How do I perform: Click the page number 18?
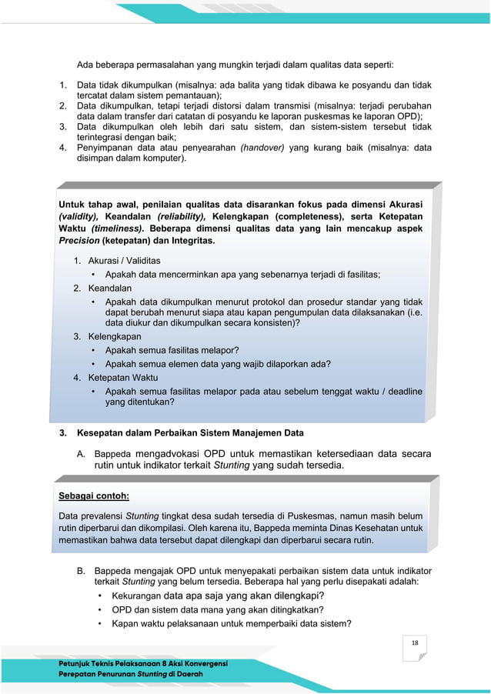click(415, 643)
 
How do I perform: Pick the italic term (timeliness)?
click(116, 229)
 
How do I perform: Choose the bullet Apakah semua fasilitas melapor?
click(172, 350)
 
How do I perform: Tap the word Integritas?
click(192, 241)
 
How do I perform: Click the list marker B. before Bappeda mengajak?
click(80, 571)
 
